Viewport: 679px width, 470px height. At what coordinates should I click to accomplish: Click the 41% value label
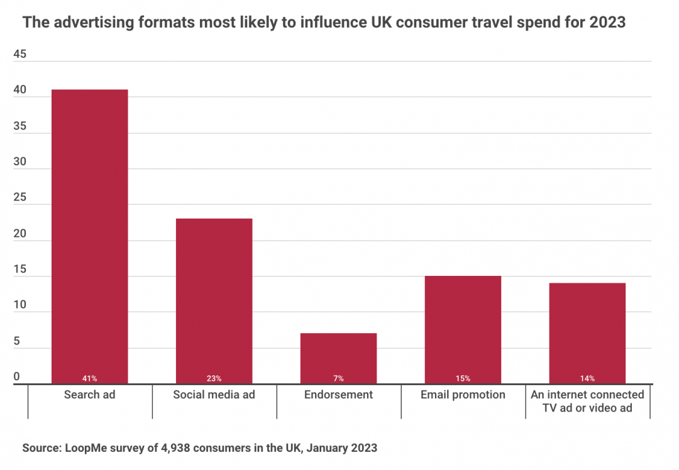pos(89,378)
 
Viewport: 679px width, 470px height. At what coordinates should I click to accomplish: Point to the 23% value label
pos(214,378)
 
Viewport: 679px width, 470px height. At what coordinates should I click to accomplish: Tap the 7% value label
pos(338,378)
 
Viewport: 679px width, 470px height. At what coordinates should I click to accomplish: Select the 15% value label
pos(463,378)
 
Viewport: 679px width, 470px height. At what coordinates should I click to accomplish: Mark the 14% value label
pos(587,378)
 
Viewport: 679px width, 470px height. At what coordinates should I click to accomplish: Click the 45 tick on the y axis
pos(19,55)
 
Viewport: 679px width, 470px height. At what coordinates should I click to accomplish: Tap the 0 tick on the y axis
pos(17,377)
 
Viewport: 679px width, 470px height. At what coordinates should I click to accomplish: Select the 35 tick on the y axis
pos(19,126)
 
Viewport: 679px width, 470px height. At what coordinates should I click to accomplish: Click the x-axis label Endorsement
pos(338,395)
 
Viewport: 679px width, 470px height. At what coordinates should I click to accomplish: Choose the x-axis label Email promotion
pos(463,395)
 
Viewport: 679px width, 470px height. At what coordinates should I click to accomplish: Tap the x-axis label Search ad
pos(89,395)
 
